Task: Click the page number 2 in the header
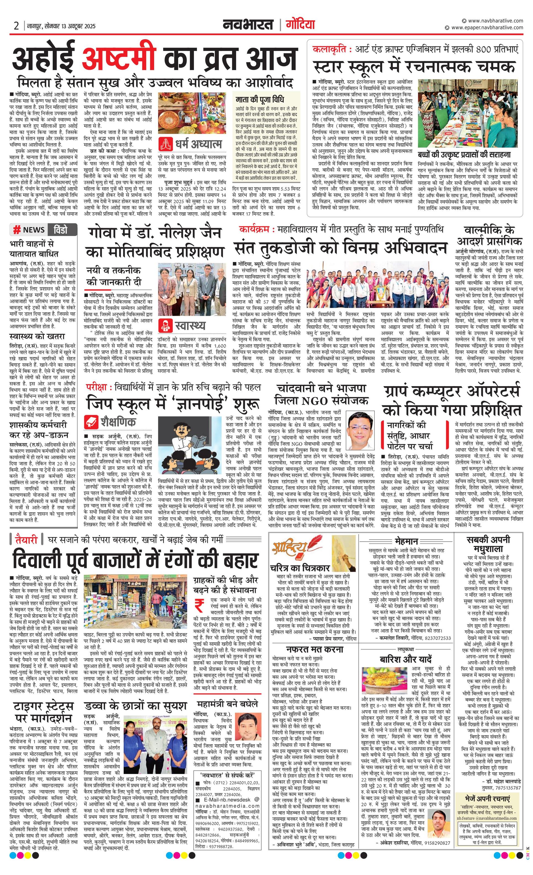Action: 16,26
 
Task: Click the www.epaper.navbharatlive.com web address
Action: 487,27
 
